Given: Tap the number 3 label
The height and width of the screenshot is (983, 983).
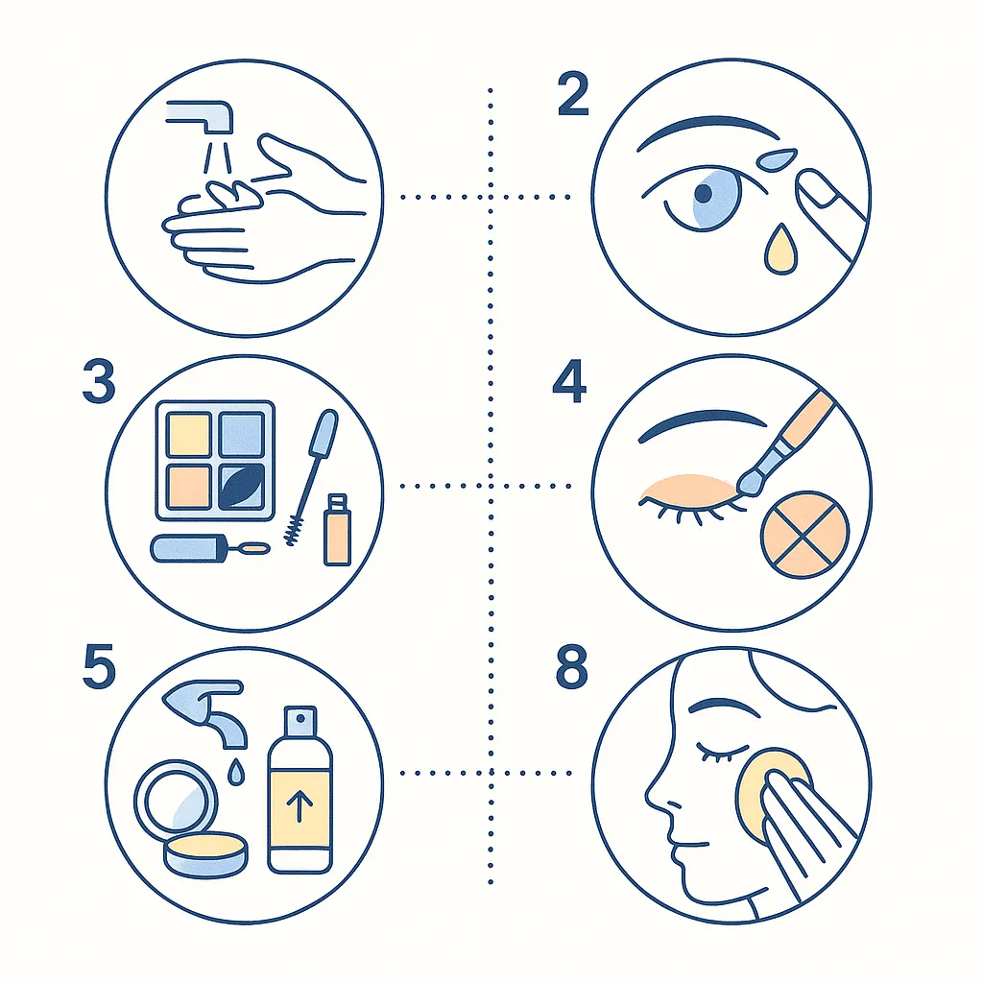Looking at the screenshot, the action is pos(99,381).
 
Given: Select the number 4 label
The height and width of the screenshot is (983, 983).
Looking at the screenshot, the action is pos(569,381).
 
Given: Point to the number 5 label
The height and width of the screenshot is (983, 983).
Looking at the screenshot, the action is pos(100,666).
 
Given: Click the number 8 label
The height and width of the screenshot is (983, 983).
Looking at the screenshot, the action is pos(572,666).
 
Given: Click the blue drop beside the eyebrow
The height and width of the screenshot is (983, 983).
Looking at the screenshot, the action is pos(777,159).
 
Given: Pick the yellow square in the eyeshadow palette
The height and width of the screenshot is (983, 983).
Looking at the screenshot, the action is pos(189,435).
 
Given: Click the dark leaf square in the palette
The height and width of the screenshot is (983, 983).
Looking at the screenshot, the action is pos(242,487).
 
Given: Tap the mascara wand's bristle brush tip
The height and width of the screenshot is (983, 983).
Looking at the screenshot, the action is pos(293,530).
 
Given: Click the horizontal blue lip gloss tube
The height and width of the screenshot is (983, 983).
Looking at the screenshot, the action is pos(188,548).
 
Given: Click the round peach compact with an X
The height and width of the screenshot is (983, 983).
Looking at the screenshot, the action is pos(805,535).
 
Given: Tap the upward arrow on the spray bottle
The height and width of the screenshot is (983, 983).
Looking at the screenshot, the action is pos(300,805).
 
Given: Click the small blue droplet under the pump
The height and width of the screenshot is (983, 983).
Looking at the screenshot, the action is pos(236,772).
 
